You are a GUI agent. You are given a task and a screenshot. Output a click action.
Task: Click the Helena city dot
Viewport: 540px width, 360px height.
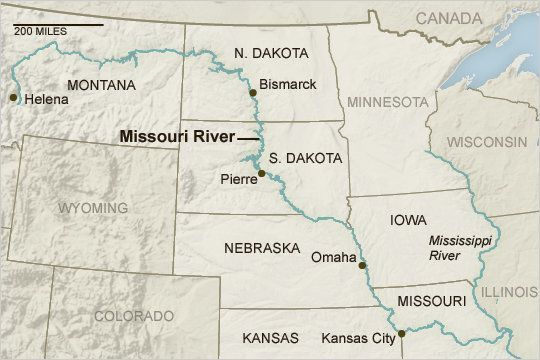point(13,97)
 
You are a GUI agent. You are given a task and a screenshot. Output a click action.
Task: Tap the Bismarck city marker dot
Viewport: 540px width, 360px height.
point(253,93)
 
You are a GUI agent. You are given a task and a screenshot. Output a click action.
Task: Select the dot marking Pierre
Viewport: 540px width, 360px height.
point(262,173)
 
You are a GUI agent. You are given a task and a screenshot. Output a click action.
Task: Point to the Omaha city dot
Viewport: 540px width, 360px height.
point(362,265)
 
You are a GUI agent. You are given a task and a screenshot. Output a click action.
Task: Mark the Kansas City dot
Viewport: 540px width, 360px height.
point(401,334)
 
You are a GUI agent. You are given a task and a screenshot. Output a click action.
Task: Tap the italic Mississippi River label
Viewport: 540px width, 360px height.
point(457,249)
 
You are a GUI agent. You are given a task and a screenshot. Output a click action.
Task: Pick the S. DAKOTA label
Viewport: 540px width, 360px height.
point(306,158)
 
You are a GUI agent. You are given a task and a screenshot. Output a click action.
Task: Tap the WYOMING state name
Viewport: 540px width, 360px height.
point(94,210)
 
